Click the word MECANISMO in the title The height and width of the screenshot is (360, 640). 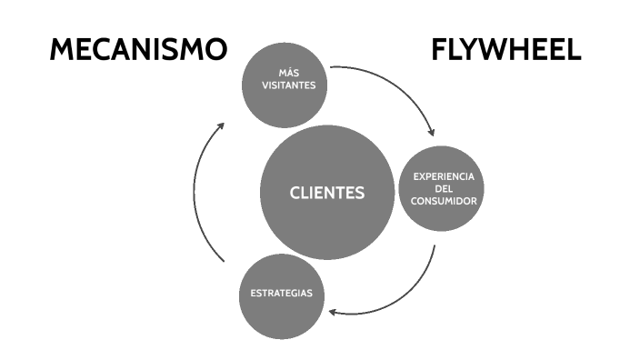point(137,50)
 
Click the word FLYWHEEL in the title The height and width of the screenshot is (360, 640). point(505,50)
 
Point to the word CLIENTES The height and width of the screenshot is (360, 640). point(326,193)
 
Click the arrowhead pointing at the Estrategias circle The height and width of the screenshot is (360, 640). point(334,312)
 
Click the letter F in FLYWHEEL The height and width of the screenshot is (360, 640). point(439,50)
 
